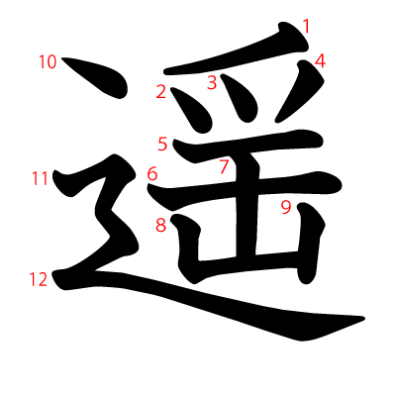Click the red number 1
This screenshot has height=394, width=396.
click(307, 27)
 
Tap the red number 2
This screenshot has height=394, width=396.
click(160, 93)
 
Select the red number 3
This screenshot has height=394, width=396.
click(211, 83)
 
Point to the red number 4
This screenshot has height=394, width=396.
click(320, 61)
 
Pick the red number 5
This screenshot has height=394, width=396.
click(162, 145)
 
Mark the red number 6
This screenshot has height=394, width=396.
click(152, 174)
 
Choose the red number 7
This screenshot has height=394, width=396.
click(225, 166)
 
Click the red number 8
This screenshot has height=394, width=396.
click(160, 225)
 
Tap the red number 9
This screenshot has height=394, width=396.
click(285, 207)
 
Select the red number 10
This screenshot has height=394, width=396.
click(49, 62)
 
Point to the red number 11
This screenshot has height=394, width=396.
click(40, 179)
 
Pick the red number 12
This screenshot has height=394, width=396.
click(38, 280)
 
